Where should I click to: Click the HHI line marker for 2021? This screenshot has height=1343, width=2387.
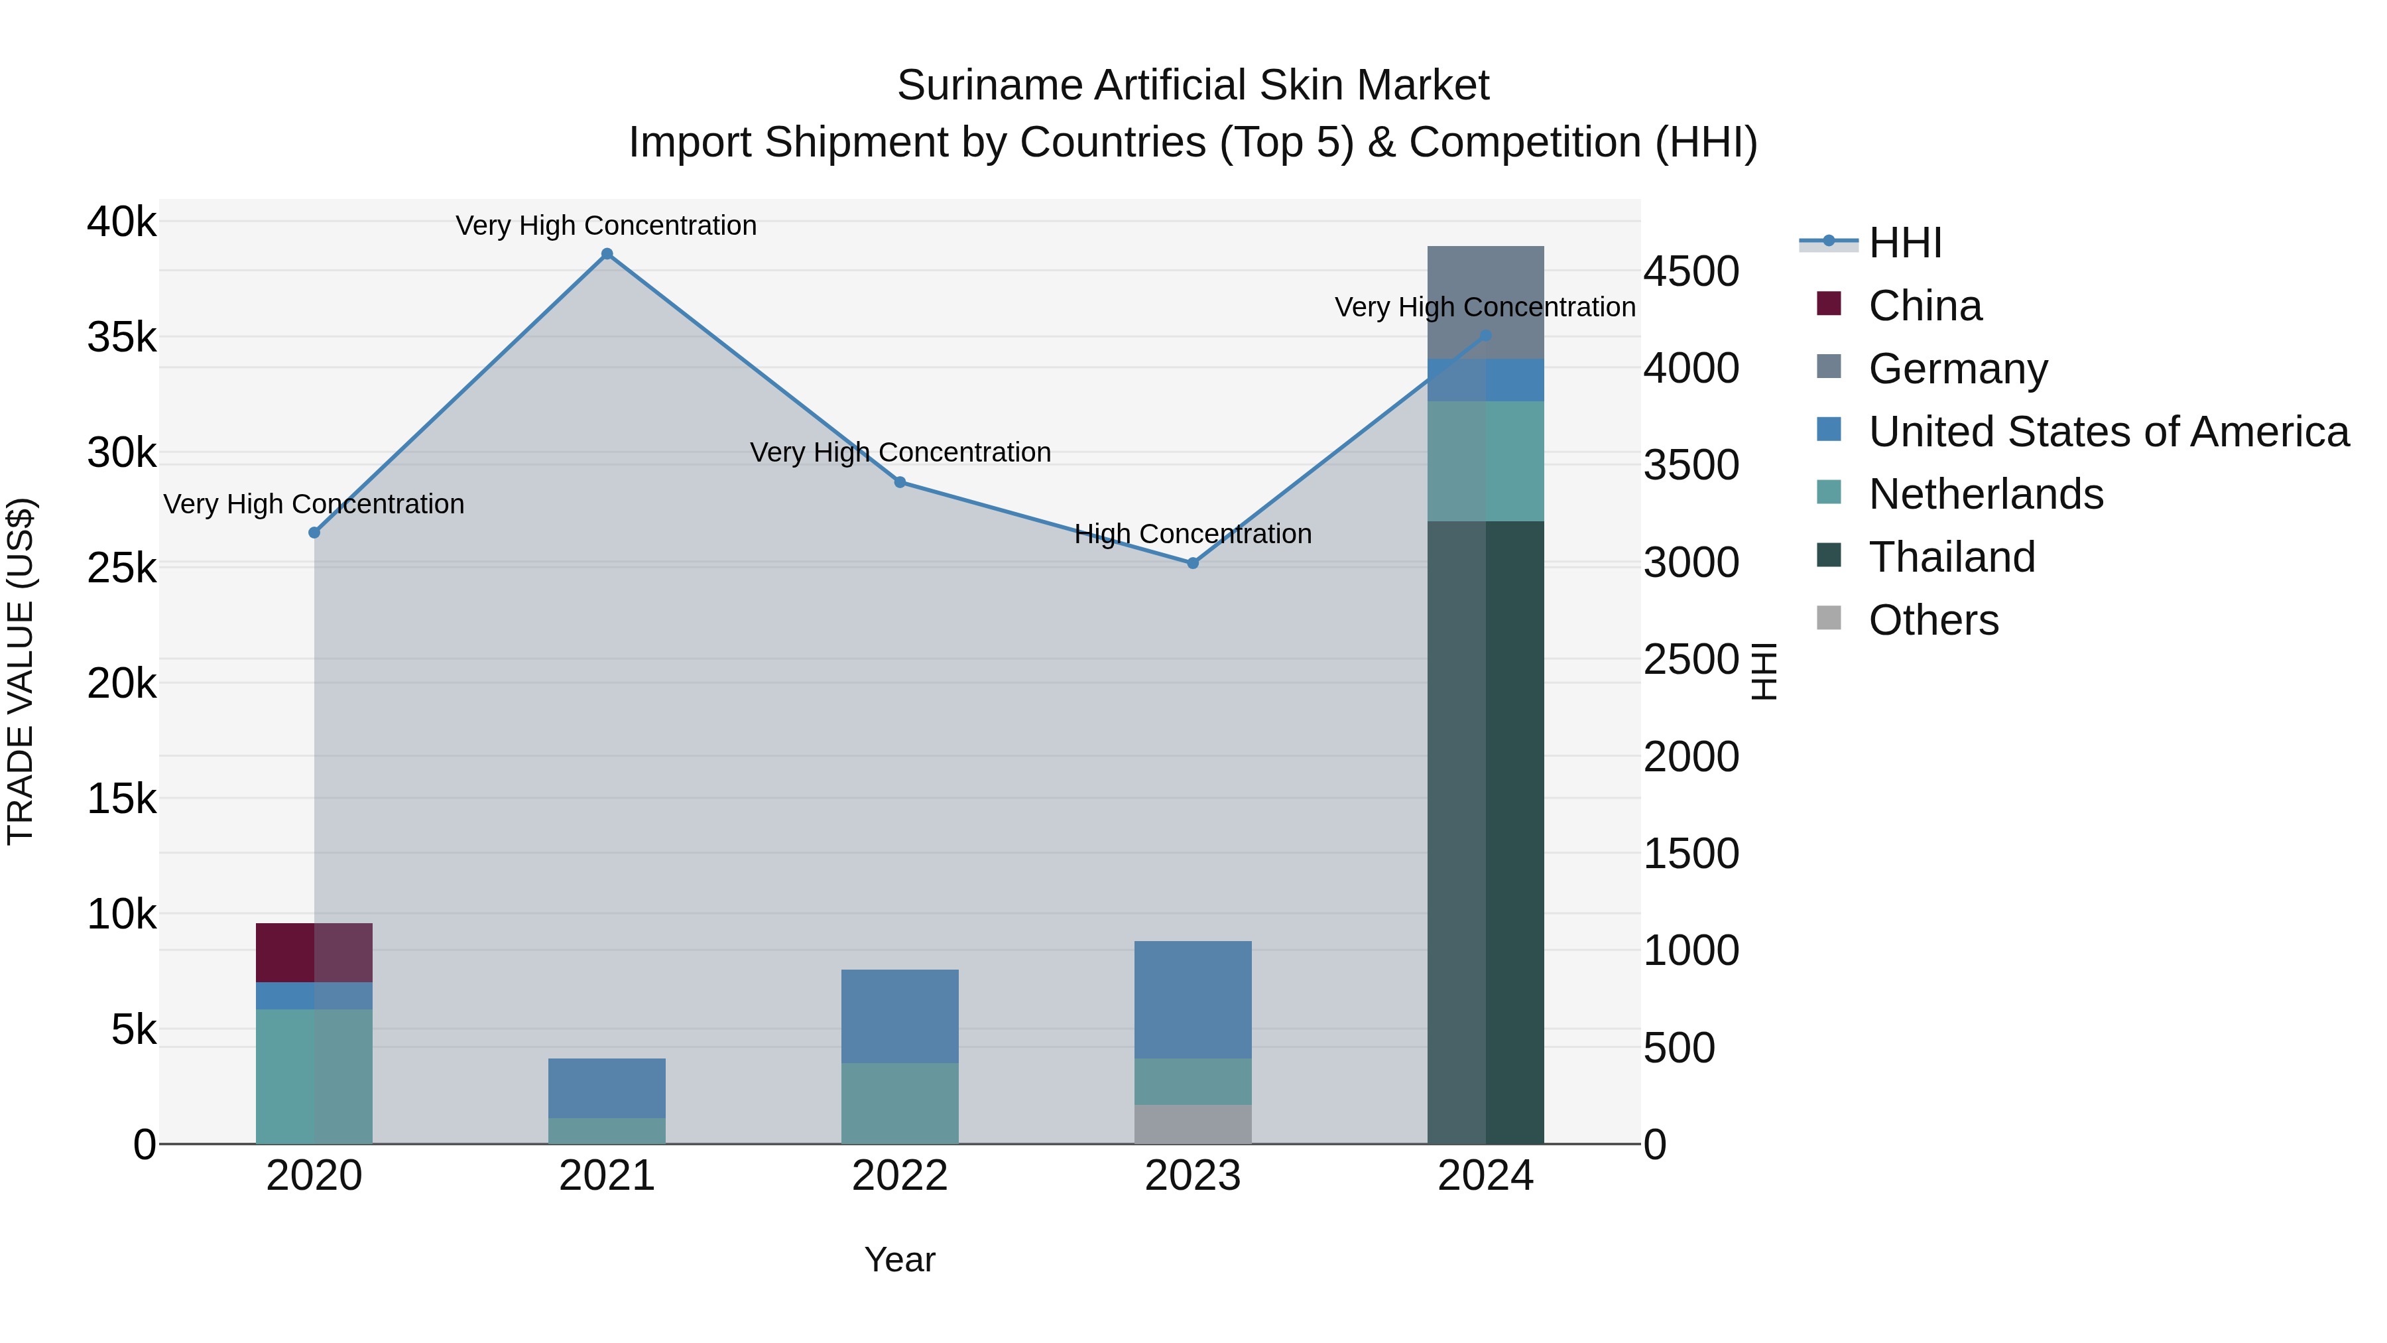pyautogui.click(x=607, y=254)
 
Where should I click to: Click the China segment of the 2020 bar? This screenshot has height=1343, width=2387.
pyautogui.click(x=314, y=952)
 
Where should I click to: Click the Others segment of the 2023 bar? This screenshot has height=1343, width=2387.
pyautogui.click(x=1193, y=1123)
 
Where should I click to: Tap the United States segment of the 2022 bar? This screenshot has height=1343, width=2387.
pyautogui.click(x=900, y=1016)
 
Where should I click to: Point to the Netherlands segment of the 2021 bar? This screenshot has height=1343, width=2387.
pyautogui.click(x=607, y=1130)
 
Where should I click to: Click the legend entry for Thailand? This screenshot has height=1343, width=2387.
pyautogui.click(x=1951, y=557)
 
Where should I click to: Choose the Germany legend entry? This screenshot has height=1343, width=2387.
pyautogui.click(x=1957, y=368)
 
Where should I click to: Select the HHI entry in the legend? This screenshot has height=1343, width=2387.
pyautogui.click(x=1904, y=243)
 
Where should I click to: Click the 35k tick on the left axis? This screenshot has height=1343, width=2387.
pyautogui.click(x=121, y=338)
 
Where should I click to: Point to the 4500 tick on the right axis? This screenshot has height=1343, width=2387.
pyautogui.click(x=1691, y=271)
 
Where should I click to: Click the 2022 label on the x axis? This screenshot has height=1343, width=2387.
pyautogui.click(x=900, y=1176)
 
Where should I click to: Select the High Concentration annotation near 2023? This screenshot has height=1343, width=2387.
pyautogui.click(x=1193, y=534)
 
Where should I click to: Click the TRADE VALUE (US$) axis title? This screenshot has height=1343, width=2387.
pyautogui.click(x=21, y=671)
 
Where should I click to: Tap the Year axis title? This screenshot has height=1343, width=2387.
pyautogui.click(x=900, y=1259)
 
